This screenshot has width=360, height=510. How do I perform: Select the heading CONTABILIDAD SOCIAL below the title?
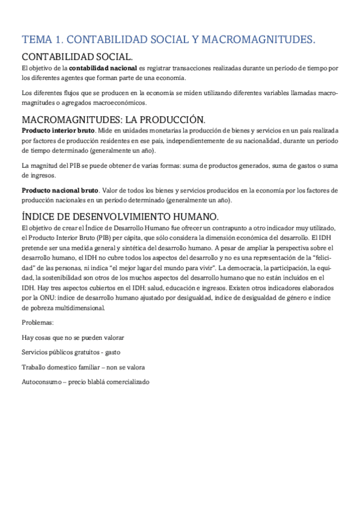click(x=78, y=57)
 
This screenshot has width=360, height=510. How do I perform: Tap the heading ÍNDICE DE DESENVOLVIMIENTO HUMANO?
click(x=120, y=216)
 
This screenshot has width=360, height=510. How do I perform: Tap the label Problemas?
click(x=37, y=322)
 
